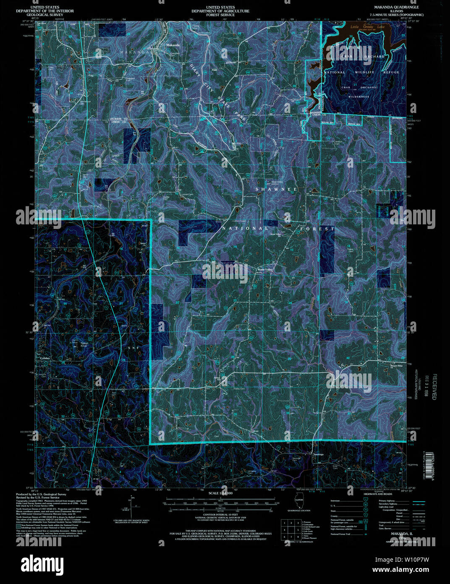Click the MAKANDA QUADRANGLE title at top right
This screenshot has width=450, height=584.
point(396,8)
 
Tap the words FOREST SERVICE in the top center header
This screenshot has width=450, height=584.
point(220,15)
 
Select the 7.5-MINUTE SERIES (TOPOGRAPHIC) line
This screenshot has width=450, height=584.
point(394,15)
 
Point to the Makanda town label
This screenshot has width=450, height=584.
point(173,45)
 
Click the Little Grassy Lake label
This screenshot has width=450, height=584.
point(367,27)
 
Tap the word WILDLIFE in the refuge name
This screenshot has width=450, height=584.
point(364,72)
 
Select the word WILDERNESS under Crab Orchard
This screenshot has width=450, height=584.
point(358,97)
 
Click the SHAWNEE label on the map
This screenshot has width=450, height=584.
point(276,189)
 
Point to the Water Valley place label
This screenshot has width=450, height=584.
point(265,269)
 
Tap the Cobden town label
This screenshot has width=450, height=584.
point(44,358)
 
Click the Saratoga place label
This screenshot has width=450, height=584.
point(319,454)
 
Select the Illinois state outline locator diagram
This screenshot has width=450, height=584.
point(299,502)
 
